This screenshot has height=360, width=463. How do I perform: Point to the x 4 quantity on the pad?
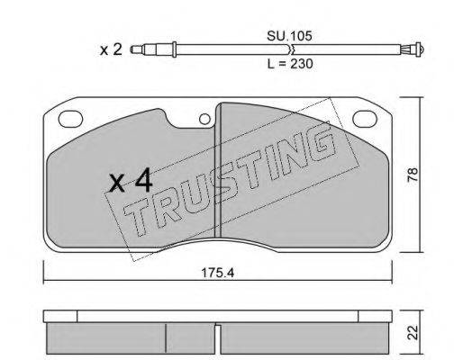132,182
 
